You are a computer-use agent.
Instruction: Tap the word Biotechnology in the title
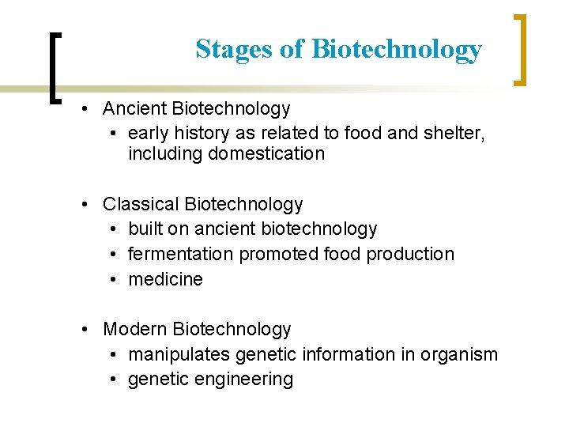[x=396, y=49]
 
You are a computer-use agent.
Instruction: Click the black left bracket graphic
[x=54, y=67]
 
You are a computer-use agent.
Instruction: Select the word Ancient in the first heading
[x=134, y=108]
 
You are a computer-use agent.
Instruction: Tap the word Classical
[x=141, y=204]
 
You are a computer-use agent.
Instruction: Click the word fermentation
[x=181, y=254]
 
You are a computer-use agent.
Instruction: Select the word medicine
[x=165, y=279]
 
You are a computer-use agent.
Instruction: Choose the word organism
[x=462, y=354]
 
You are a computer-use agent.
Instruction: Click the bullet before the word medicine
[x=114, y=280]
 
